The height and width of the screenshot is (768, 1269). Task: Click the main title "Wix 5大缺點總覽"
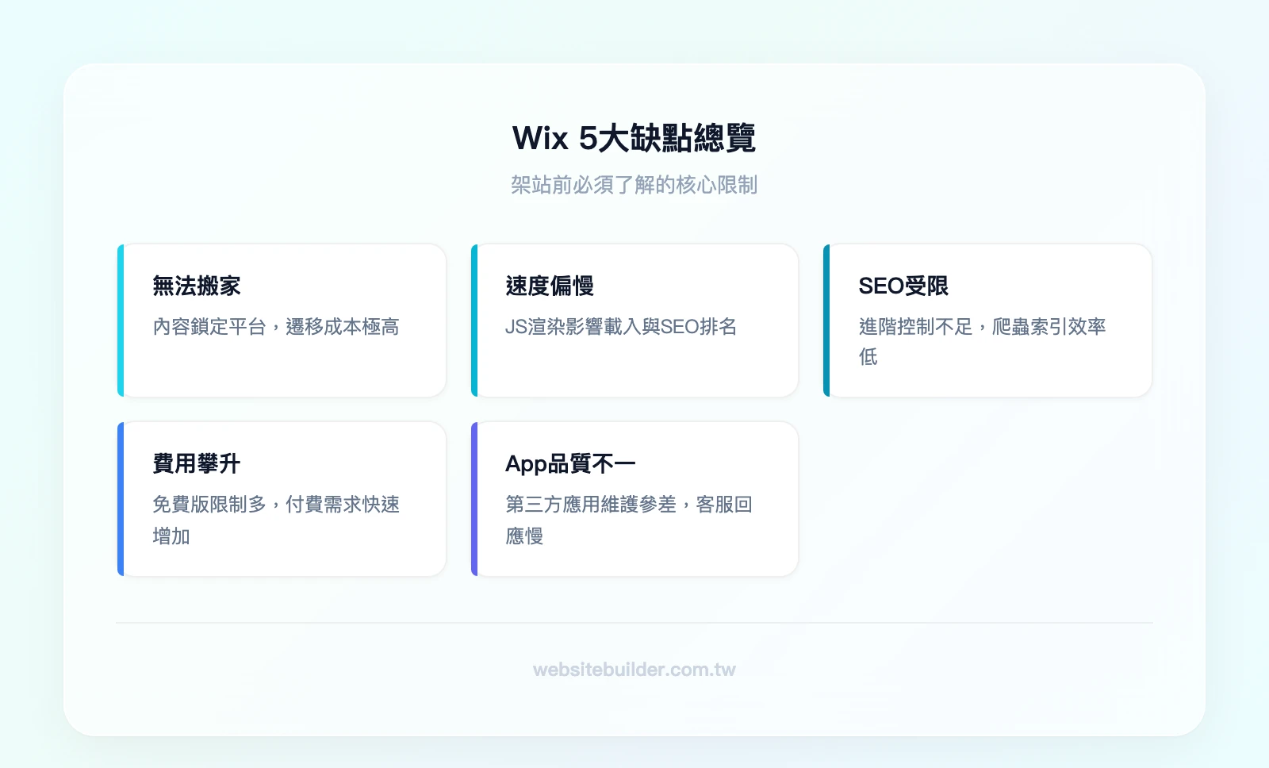click(x=634, y=138)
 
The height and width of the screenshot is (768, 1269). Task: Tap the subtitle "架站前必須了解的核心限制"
click(x=634, y=185)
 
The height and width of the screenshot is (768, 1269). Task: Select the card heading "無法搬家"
click(x=197, y=286)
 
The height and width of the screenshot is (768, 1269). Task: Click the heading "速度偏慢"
click(x=550, y=286)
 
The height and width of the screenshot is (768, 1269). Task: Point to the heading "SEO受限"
click(x=903, y=286)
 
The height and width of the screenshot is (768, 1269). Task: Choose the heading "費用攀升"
click(x=197, y=463)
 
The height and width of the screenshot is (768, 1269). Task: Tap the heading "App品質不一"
click(x=570, y=463)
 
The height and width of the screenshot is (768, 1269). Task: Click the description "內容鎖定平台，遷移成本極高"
click(x=276, y=327)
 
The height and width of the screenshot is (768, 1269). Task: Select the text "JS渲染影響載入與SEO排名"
click(x=621, y=327)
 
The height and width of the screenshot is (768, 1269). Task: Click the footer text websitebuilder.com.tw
click(x=634, y=670)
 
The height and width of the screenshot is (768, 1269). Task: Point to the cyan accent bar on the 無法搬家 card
click(x=121, y=321)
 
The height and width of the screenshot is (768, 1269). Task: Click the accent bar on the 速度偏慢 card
click(x=474, y=321)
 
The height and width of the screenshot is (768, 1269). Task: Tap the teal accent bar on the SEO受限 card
click(x=826, y=321)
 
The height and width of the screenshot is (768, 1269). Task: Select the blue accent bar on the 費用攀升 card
click(x=121, y=498)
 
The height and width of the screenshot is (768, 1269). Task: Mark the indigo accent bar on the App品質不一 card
click(x=474, y=498)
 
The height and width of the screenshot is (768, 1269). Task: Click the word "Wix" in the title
click(x=540, y=138)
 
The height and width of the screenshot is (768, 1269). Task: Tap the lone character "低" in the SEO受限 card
click(x=868, y=357)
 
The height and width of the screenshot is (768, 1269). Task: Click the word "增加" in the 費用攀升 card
click(x=171, y=536)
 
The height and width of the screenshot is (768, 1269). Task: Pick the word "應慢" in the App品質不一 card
click(x=524, y=536)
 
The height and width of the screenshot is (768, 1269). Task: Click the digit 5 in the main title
click(x=588, y=138)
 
